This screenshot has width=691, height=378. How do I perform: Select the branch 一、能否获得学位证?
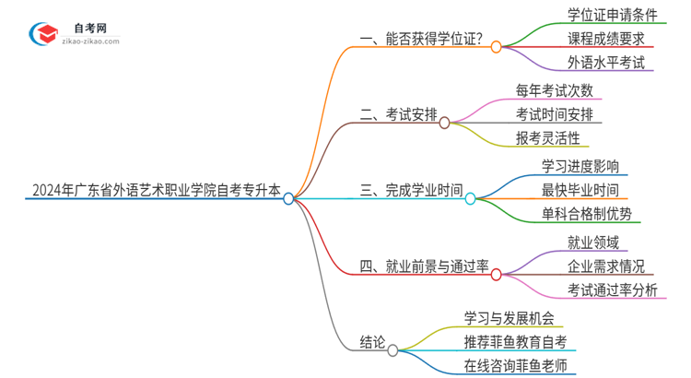pyautogui.click(x=421, y=40)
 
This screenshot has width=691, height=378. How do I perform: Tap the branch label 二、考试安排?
pyautogui.click(x=397, y=116)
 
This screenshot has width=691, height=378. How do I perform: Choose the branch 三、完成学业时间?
pyautogui.click(x=411, y=192)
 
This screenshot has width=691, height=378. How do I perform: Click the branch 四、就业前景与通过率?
pyautogui.click(x=424, y=267)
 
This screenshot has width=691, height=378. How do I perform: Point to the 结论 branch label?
pyautogui.click(x=372, y=343)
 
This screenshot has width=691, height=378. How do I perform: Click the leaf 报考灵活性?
pyautogui.click(x=549, y=138)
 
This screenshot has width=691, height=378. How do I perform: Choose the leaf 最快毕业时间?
pyautogui.click(x=580, y=190)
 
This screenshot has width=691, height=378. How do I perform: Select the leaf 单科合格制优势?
pyautogui.click(x=587, y=214)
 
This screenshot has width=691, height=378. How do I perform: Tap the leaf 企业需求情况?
pyautogui.click(x=606, y=266)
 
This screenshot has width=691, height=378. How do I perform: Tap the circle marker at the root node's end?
pyautogui.click(x=288, y=198)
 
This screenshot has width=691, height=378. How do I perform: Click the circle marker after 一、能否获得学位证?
pyautogui.click(x=496, y=46)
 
